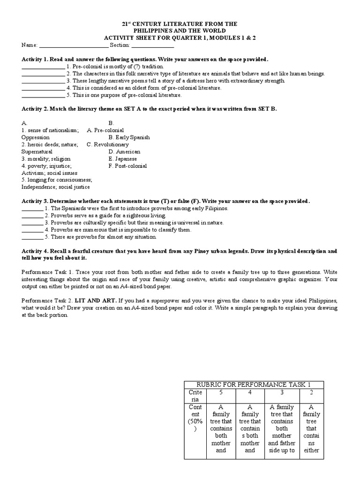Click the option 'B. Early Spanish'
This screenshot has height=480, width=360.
tap(129, 137)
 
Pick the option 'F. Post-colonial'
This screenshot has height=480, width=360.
tap(127, 165)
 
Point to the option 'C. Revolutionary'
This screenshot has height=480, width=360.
tap(107, 144)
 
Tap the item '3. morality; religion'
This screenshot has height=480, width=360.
tap(46, 158)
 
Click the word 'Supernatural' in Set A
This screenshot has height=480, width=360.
tap(37, 151)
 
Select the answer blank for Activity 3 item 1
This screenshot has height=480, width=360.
tap(32, 208)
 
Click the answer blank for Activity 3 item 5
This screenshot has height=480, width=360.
tap(32, 237)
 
